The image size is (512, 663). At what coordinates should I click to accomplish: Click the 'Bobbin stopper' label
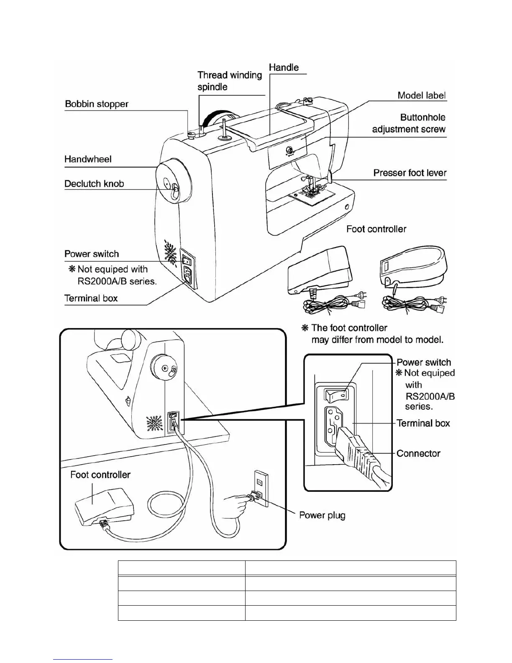click(x=97, y=104)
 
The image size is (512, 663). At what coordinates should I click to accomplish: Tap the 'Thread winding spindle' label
click(x=230, y=81)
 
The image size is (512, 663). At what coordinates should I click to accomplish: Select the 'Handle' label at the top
click(x=284, y=67)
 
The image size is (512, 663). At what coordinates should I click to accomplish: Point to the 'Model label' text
click(x=421, y=95)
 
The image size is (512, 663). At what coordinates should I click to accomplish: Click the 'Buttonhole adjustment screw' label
click(x=409, y=123)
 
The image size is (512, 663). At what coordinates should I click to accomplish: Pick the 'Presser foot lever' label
click(x=410, y=173)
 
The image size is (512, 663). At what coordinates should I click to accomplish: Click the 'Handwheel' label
click(x=88, y=159)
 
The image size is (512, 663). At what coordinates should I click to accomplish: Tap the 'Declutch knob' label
click(x=94, y=184)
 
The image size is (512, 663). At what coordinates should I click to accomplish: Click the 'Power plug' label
click(x=322, y=515)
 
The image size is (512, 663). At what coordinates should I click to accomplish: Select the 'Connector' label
click(x=418, y=453)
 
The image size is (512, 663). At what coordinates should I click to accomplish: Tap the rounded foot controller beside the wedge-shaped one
click(x=414, y=268)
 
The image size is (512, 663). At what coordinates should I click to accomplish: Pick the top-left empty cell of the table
click(x=181, y=568)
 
